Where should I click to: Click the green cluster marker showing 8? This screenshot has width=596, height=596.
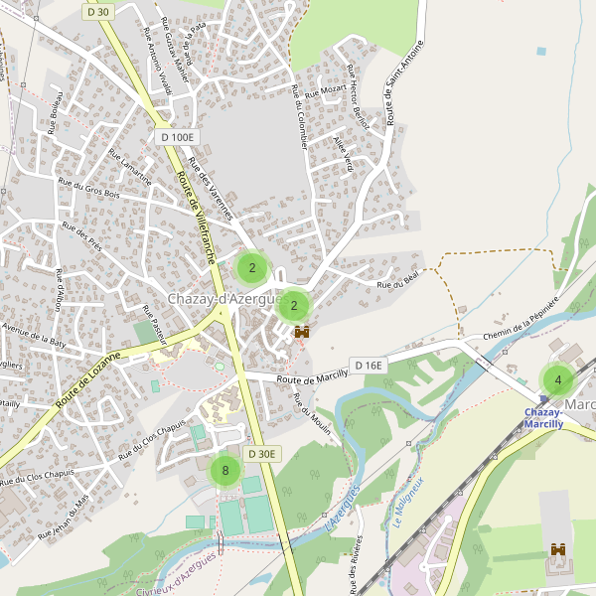click(225, 471)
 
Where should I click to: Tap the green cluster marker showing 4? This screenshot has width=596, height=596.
click(557, 379)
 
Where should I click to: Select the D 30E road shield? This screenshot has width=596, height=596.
click(263, 454)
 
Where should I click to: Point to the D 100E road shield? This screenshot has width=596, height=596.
click(178, 137)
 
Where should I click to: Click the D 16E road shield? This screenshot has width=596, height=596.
click(368, 366)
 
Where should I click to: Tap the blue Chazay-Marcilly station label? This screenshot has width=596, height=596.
click(544, 418)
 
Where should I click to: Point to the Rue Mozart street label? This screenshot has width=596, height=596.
click(326, 91)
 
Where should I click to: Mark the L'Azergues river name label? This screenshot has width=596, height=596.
click(341, 507)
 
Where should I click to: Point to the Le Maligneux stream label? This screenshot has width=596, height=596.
click(407, 503)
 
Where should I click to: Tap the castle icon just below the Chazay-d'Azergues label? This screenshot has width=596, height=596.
click(302, 333)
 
